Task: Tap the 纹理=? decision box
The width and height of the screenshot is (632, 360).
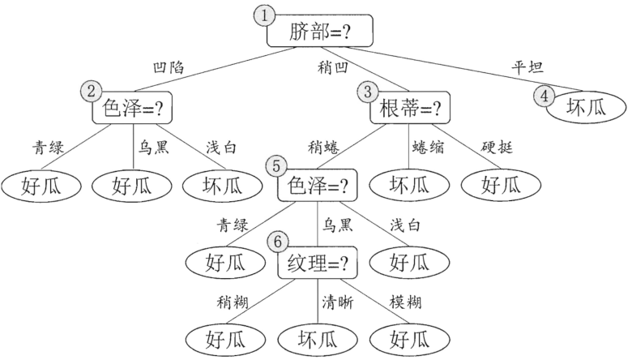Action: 318,264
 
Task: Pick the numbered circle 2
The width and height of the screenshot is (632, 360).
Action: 90,91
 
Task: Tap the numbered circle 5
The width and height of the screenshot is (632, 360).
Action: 277,167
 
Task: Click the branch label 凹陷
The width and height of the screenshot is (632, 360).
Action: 169,68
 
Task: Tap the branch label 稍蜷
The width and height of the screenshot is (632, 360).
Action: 323,147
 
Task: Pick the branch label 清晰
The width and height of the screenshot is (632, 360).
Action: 337,302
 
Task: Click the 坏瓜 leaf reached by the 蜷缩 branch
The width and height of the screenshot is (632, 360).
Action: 409,186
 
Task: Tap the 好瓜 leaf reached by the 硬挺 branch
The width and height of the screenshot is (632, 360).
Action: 501,186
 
